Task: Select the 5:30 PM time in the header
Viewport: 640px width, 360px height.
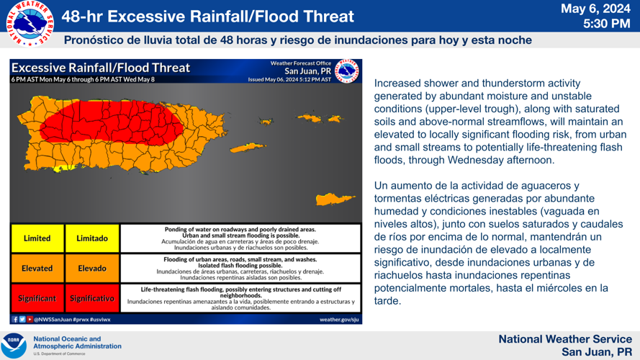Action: pyautogui.click(x=606, y=24)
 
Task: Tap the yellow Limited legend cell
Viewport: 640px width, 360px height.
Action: pyautogui.click(x=37, y=238)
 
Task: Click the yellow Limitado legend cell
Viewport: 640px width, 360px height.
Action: pyautogui.click(x=92, y=238)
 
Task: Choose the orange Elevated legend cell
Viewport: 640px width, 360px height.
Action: pyautogui.click(x=37, y=269)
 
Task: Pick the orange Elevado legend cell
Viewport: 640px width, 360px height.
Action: pyautogui.click(x=92, y=269)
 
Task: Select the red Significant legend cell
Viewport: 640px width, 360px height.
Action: pyautogui.click(x=37, y=298)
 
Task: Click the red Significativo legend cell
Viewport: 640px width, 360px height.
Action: pyautogui.click(x=92, y=298)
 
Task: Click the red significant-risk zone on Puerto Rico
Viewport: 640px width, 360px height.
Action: pyautogui.click(x=108, y=122)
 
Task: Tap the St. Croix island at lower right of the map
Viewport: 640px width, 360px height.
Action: pyautogui.click(x=335, y=198)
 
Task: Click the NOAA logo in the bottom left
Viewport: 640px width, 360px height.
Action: pyautogui.click(x=14, y=344)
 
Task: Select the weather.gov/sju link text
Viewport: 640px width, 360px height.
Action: pyautogui.click(x=339, y=319)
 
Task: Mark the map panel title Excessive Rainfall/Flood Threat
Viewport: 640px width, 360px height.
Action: pyautogui.click(x=101, y=68)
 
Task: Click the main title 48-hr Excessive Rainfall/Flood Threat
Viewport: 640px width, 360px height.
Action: pyautogui.click(x=207, y=16)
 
